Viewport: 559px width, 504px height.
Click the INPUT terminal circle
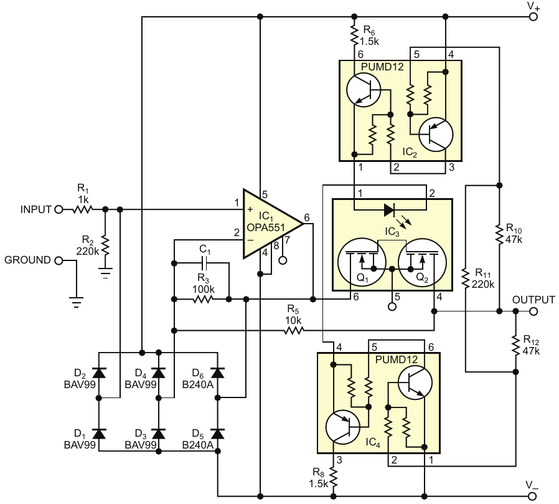pos(59,209)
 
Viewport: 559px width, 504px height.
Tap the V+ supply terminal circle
pos(533,17)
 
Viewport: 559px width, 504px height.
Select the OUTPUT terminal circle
pos(533,311)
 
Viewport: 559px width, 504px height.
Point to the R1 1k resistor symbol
pos(83,209)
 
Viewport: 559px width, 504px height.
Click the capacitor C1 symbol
pos(205,264)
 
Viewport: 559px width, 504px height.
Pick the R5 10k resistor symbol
pos(294,331)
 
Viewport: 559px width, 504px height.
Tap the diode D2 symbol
pos(99,373)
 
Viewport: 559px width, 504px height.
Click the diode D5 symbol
pos(218,434)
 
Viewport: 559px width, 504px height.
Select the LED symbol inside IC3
pos(389,210)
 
